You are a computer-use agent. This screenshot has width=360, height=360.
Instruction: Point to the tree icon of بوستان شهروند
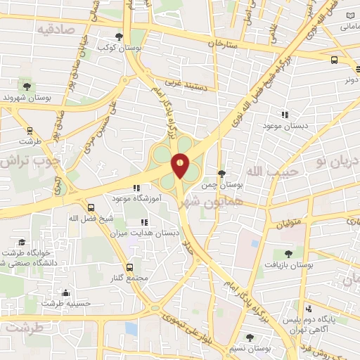(x=27, y=86)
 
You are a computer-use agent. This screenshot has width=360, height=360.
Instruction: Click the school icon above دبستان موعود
(x=285, y=115)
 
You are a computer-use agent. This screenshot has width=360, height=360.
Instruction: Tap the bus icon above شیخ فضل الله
(x=91, y=207)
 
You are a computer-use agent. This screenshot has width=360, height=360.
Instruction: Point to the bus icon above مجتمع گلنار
(x=129, y=267)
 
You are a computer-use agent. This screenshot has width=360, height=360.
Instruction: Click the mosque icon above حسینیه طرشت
(x=66, y=292)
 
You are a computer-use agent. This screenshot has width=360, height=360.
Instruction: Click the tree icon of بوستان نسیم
(x=250, y=337)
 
